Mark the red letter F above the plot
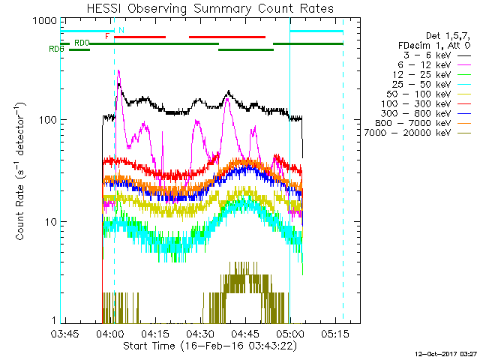click(107, 35)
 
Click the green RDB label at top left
click(55, 49)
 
